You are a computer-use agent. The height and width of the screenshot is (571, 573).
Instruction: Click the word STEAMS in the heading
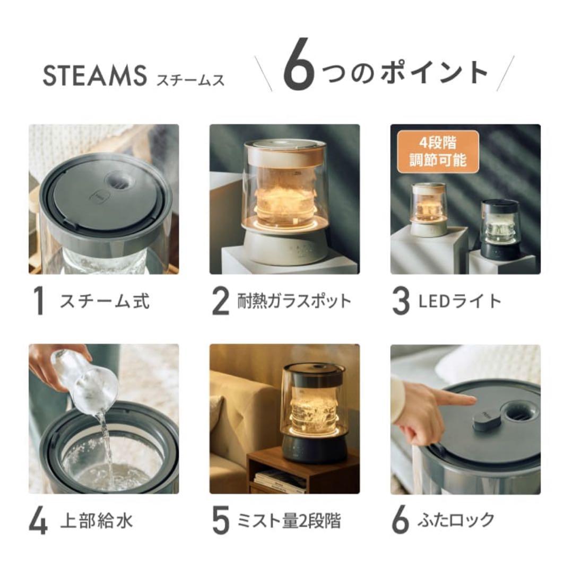(94, 76)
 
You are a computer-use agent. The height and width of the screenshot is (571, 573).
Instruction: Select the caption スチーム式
(105, 301)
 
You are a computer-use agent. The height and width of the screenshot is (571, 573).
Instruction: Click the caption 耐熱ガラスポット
(293, 301)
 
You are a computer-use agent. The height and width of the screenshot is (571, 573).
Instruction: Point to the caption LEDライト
(459, 301)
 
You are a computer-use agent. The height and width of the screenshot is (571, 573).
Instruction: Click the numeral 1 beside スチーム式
(38, 301)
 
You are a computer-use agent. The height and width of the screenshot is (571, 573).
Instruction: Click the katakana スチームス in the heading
(190, 79)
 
